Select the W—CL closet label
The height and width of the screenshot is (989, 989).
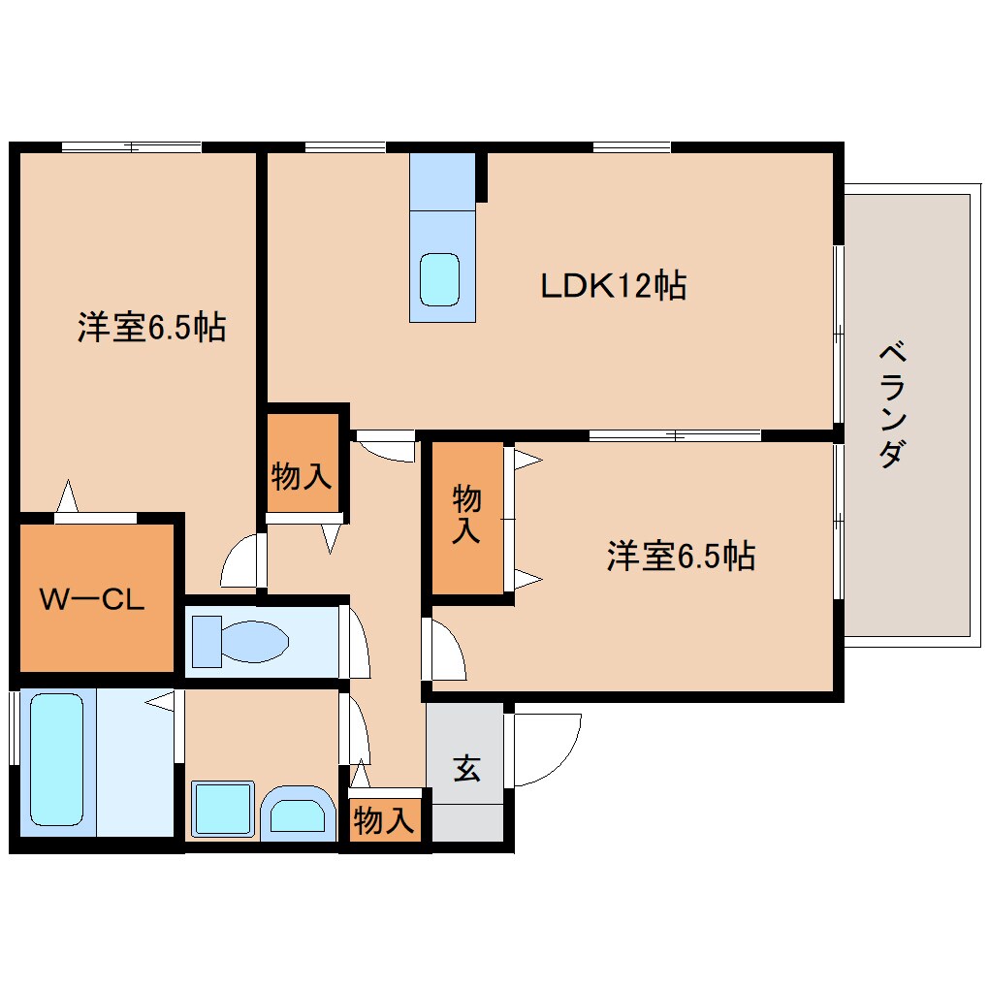coord(92,599)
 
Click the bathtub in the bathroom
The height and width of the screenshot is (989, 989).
coord(57,760)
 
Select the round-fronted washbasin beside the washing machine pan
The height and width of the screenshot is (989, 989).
coord(296,812)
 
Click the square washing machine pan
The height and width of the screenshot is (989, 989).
coord(222,809)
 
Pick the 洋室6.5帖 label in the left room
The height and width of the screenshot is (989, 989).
coord(151,328)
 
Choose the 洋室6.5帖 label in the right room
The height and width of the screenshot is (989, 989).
coord(681,556)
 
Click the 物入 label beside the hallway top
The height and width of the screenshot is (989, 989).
coord(303,476)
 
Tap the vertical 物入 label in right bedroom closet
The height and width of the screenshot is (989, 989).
coord(467,515)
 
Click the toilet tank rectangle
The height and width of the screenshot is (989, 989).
coord(206,641)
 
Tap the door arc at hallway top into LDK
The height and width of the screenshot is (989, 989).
coord(388,448)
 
